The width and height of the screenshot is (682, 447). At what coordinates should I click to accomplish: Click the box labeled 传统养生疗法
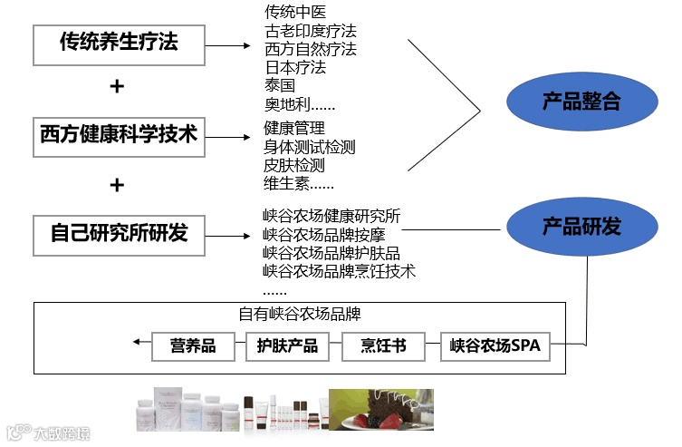tap(118, 43)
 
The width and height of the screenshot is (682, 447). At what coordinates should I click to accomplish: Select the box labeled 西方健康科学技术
tap(118, 135)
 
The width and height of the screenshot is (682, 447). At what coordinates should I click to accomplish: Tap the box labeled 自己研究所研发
tap(118, 232)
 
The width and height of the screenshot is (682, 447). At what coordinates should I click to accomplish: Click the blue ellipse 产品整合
tap(581, 102)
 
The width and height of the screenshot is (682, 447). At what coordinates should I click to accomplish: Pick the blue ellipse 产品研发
tap(581, 227)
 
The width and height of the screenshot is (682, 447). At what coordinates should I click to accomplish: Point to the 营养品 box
tap(193, 345)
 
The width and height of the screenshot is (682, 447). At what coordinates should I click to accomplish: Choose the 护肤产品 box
tap(287, 345)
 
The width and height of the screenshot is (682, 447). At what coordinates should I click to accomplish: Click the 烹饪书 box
tap(383, 345)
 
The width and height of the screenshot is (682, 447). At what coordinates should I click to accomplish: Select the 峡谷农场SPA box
tap(495, 345)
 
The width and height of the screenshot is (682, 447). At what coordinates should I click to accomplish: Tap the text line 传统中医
tap(293, 13)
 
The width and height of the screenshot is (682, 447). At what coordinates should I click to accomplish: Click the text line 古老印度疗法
tap(310, 31)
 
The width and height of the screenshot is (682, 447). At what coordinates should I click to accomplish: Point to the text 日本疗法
tap(294, 67)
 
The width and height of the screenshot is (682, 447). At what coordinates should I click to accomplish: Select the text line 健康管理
tap(293, 129)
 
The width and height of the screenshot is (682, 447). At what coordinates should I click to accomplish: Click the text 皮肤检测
tap(293, 166)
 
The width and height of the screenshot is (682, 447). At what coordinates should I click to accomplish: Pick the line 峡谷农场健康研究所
tap(331, 216)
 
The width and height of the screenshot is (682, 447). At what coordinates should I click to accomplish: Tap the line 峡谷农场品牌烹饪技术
tap(339, 270)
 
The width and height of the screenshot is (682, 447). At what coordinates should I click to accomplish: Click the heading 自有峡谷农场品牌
tap(300, 315)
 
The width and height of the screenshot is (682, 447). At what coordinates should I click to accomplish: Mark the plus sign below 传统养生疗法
tap(116, 87)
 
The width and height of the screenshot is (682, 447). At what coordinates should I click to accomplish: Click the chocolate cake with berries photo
tap(380, 410)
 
